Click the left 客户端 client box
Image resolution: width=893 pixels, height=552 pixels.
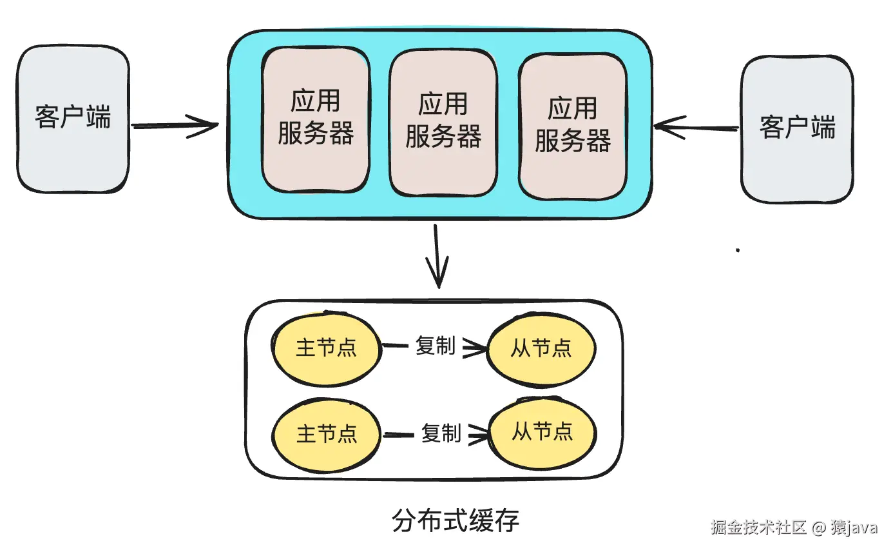pyautogui.click(x=73, y=119)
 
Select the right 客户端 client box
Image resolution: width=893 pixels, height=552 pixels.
pyautogui.click(x=797, y=129)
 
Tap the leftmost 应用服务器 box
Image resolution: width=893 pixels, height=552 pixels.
pyautogui.click(x=316, y=119)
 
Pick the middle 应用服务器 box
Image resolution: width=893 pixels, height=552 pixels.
pyautogui.click(x=443, y=123)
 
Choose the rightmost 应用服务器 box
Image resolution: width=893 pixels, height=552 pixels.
pyautogui.click(x=573, y=126)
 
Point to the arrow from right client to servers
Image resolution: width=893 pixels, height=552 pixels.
pyautogui.click(x=696, y=127)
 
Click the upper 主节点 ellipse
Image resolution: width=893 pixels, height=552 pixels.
pyautogui.click(x=326, y=348)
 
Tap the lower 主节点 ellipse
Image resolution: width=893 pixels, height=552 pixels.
pyautogui.click(x=326, y=433)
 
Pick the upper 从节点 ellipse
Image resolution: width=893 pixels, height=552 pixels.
pyautogui.click(x=541, y=349)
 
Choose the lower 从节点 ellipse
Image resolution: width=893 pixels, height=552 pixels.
pyautogui.click(x=542, y=431)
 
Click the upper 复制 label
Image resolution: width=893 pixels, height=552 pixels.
pyautogui.click(x=436, y=346)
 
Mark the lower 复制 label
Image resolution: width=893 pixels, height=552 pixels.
pyautogui.click(x=441, y=433)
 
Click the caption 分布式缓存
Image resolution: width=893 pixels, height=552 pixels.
pyautogui.click(x=455, y=520)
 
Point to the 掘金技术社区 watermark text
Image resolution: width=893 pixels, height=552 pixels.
pyautogui.click(x=758, y=527)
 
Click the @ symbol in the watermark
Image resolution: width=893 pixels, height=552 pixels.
pyautogui.click(x=818, y=527)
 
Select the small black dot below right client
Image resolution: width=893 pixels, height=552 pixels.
pyautogui.click(x=738, y=250)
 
